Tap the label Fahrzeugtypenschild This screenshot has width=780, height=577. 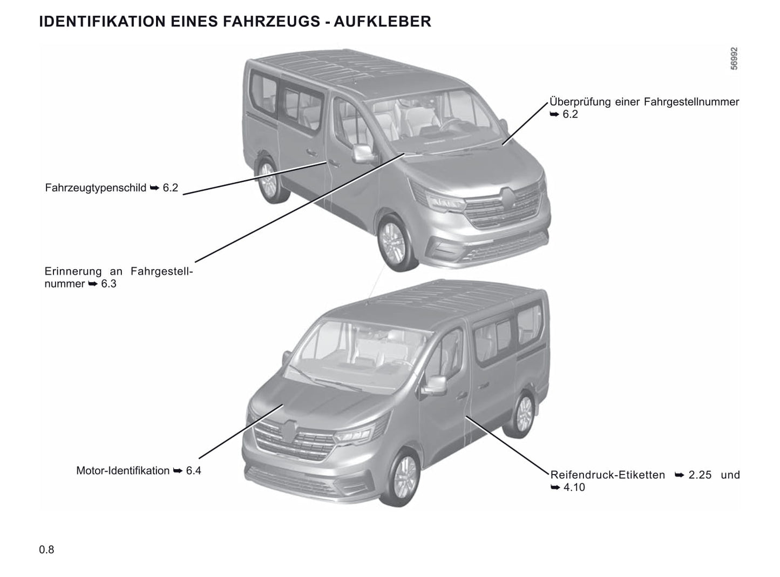pos(96,188)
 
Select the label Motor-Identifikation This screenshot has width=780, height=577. pos(123,471)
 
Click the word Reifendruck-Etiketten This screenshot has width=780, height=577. pos(608,475)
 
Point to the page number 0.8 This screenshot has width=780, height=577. pos(46,550)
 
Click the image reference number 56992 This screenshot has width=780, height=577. pos(734,58)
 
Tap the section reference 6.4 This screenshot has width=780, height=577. pos(194,471)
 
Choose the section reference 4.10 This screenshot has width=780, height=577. pos(574,487)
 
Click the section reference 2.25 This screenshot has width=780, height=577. pos(700,475)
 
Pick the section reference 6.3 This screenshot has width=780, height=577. pos(108,284)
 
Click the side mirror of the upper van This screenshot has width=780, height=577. pos(362,153)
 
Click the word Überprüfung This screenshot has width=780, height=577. pos(580,102)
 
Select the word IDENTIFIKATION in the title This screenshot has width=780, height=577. pos(102,22)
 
